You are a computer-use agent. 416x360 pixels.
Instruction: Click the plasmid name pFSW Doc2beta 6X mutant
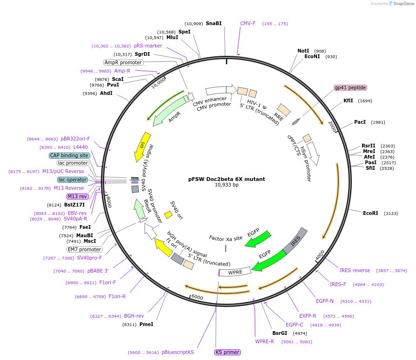(226, 179)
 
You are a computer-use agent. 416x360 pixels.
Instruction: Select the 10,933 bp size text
(226, 185)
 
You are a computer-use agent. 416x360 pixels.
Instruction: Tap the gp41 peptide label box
(350, 87)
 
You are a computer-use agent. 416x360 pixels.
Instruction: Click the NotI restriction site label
(303, 51)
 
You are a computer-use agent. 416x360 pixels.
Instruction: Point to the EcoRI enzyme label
(370, 213)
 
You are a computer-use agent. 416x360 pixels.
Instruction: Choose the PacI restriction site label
(360, 122)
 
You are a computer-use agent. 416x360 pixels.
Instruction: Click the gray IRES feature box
(296, 241)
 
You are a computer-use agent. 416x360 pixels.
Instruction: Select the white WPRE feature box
(235, 272)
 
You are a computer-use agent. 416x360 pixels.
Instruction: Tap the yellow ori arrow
(142, 146)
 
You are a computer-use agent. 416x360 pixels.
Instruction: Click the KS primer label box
(227, 352)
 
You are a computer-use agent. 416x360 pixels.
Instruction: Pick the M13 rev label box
(77, 197)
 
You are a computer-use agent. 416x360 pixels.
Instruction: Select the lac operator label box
(72, 180)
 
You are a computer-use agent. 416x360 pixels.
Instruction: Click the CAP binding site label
(69, 155)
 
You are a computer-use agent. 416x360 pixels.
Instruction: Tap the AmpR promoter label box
(123, 62)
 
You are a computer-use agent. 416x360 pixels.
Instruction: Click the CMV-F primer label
(248, 23)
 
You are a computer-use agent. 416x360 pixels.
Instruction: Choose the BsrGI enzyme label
(280, 333)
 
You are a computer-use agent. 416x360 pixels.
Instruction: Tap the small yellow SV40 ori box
(169, 214)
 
